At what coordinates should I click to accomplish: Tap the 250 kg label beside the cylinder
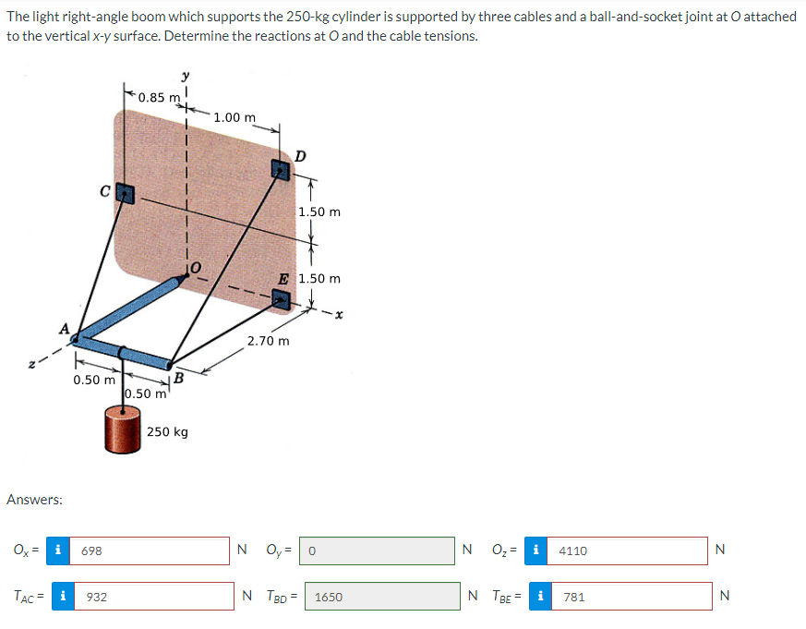click(168, 432)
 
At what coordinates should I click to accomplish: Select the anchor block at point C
click(124, 194)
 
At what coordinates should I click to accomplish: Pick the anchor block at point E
click(282, 300)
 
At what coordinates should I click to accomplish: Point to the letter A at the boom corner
click(64, 328)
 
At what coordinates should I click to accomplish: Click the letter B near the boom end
click(179, 378)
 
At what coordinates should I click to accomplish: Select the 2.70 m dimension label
click(269, 341)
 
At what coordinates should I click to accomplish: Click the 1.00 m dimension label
click(234, 117)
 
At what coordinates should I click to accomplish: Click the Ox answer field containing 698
click(152, 550)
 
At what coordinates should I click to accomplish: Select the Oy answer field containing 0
click(377, 550)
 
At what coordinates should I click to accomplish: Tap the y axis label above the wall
click(186, 75)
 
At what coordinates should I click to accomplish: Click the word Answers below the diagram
click(34, 500)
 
